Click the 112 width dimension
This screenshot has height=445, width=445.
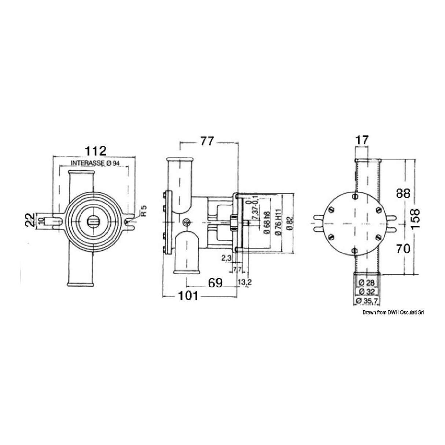click(96, 151)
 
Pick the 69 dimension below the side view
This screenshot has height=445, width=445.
click(216, 283)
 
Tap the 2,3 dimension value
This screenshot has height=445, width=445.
click(226, 258)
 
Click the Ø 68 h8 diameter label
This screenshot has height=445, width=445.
click(266, 223)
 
